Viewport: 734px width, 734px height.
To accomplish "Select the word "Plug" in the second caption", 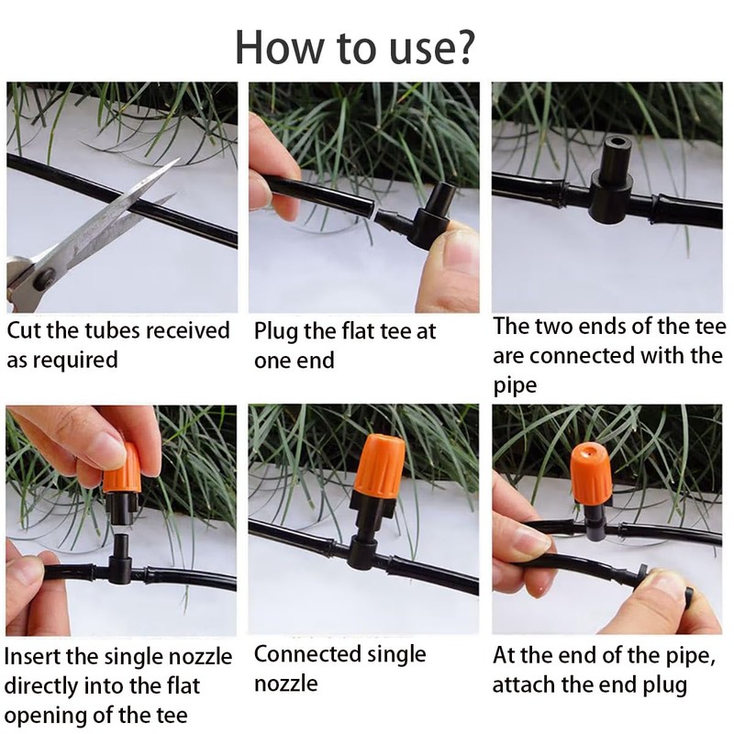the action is [275, 332].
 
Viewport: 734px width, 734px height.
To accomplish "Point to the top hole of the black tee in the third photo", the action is [615, 140].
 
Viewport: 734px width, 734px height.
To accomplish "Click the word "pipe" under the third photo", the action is [515, 386].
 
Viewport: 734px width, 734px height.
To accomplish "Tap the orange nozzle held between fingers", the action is [122, 469].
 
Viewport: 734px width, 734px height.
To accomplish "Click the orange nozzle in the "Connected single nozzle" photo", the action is [378, 467].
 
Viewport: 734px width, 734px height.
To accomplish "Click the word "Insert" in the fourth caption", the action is [33, 656].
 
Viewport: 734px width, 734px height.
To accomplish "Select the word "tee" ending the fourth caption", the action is [171, 716].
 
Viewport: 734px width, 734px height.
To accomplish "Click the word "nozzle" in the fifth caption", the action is [286, 684].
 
